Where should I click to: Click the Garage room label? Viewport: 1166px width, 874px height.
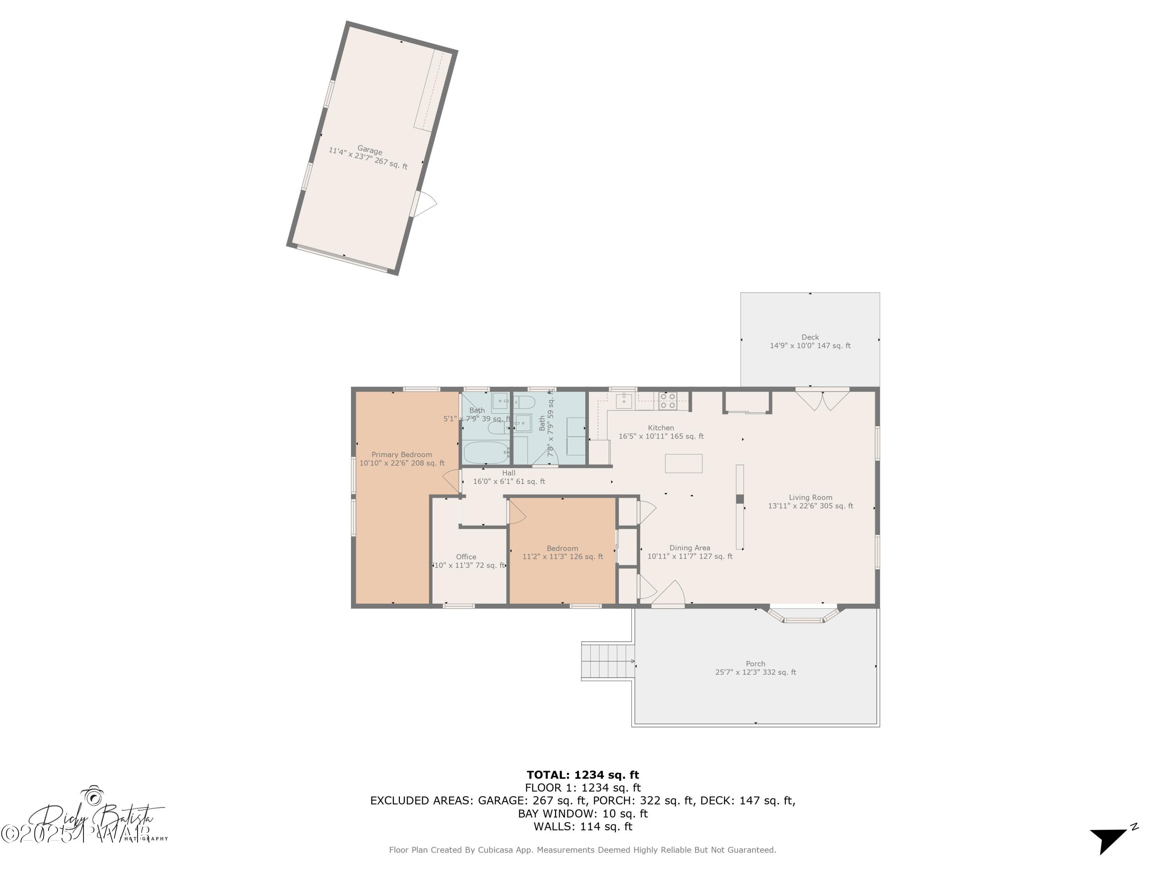(x=370, y=150)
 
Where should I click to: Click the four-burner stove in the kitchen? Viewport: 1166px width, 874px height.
(x=667, y=401)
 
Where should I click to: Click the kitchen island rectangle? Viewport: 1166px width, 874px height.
(x=683, y=463)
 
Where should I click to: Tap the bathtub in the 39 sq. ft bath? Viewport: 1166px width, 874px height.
(x=485, y=453)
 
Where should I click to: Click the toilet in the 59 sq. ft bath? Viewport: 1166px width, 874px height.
(x=525, y=402)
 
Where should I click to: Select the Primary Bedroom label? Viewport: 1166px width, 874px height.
(x=401, y=454)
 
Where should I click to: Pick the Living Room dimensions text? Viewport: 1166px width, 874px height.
(x=810, y=506)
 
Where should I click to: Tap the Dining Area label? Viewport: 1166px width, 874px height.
(x=689, y=548)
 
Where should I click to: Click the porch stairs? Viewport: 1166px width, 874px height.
(x=607, y=661)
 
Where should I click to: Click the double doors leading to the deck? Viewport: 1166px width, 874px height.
(x=822, y=400)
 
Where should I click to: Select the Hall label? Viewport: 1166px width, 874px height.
(x=509, y=473)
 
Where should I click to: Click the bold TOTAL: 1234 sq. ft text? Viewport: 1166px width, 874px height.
(x=583, y=775)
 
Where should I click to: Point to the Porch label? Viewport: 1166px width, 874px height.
(x=755, y=664)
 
